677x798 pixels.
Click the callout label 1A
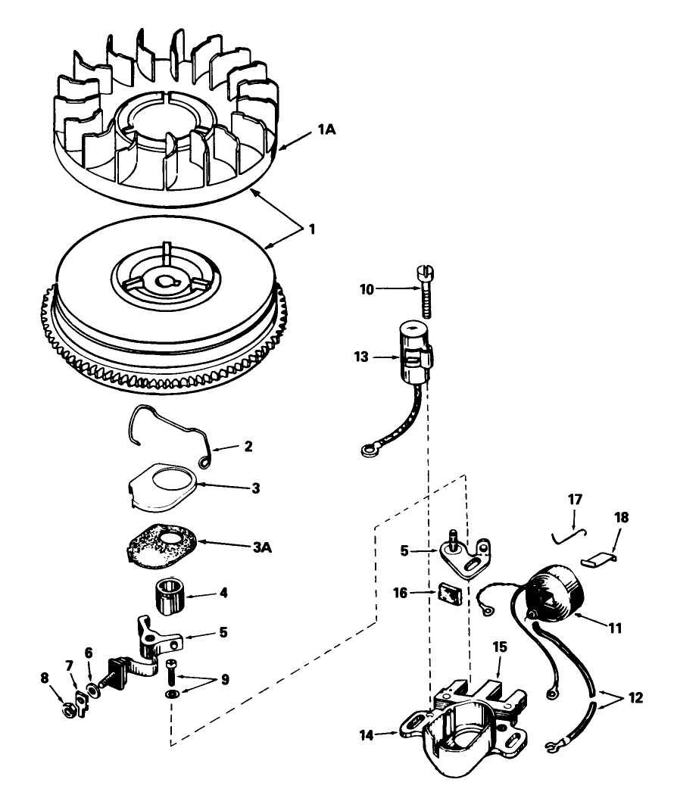pyautogui.click(x=327, y=129)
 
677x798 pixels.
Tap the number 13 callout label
pyautogui.click(x=361, y=357)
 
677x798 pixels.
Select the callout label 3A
pyautogui.click(x=263, y=547)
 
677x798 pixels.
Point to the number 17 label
pyautogui.click(x=575, y=499)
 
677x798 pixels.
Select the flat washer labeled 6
pyautogui.click(x=93, y=690)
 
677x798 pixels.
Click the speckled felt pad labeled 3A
pyautogui.click(x=162, y=544)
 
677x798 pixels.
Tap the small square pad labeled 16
pyautogui.click(x=449, y=594)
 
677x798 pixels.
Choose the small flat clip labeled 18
pyautogui.click(x=598, y=560)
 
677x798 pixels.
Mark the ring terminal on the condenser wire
pyautogui.click(x=367, y=450)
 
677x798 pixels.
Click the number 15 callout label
pyautogui.click(x=500, y=647)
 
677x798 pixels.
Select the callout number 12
pyautogui.click(x=635, y=697)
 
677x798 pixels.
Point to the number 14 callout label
pyautogui.click(x=367, y=735)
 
